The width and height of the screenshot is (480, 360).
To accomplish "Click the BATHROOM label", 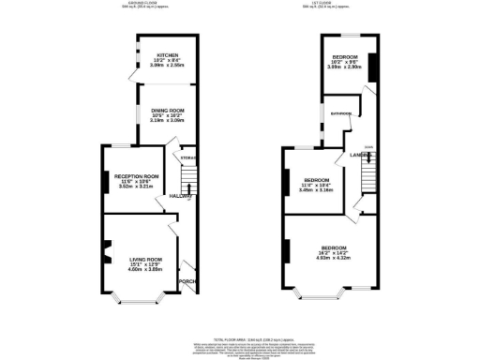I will click(x=340, y=113).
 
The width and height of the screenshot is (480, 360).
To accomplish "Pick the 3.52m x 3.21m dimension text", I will click(x=137, y=187).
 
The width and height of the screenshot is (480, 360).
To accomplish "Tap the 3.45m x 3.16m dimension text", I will click(x=314, y=190).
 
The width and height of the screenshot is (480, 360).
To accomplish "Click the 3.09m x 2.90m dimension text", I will click(x=344, y=67).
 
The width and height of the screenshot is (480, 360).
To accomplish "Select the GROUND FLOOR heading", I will click(x=141, y=4).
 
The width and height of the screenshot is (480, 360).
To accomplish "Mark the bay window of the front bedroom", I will click(x=319, y=293).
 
